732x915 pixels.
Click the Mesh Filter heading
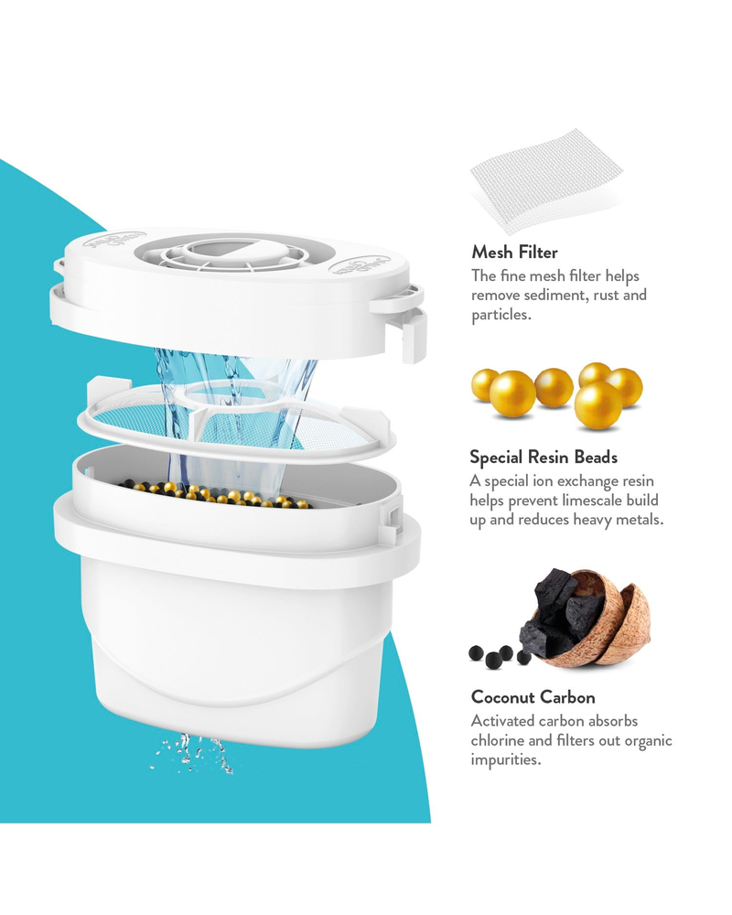(x=514, y=253)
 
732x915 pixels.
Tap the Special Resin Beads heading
(x=544, y=457)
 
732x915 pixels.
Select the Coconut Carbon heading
(x=533, y=696)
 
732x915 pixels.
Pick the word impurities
(x=505, y=759)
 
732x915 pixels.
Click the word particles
(x=501, y=315)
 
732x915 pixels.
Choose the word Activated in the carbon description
(x=502, y=721)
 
